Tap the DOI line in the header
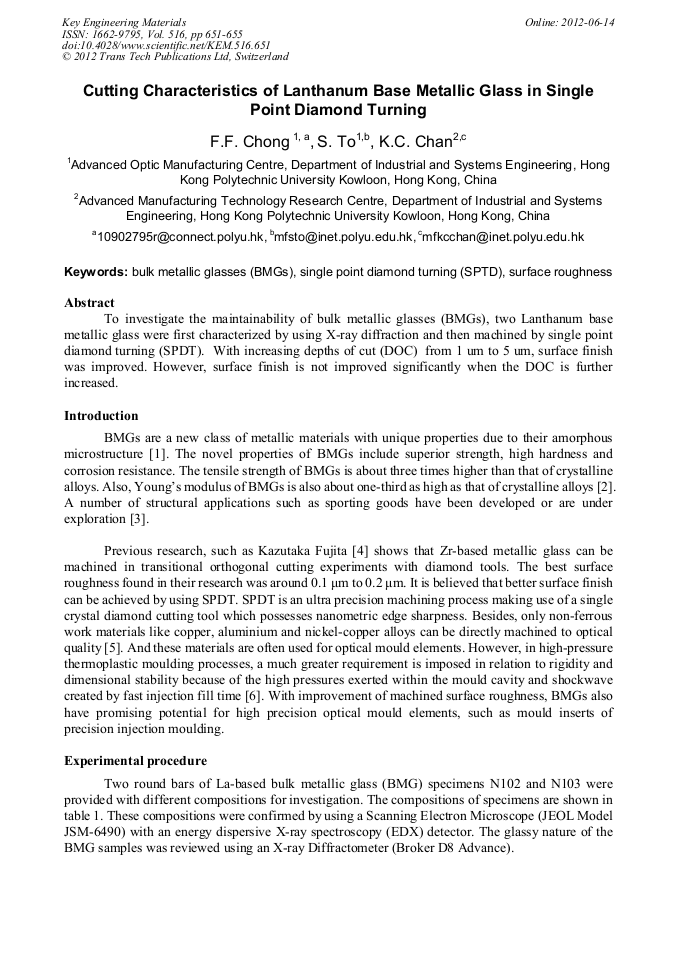pyautogui.click(x=166, y=45)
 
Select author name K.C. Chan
pyautogui.click(x=412, y=142)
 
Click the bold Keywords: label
pyautogui.click(x=96, y=272)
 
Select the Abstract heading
pyautogui.click(x=89, y=302)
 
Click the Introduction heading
pyautogui.click(x=101, y=416)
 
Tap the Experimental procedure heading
pyautogui.click(x=135, y=761)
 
